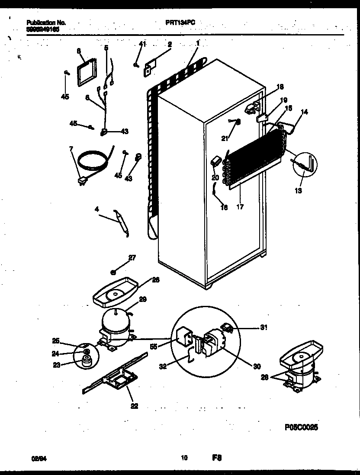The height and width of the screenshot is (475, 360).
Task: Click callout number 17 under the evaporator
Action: [x=240, y=207]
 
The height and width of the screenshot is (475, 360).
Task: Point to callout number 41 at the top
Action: [x=143, y=44]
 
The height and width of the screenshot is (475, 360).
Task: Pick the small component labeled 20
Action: [x=215, y=162]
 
